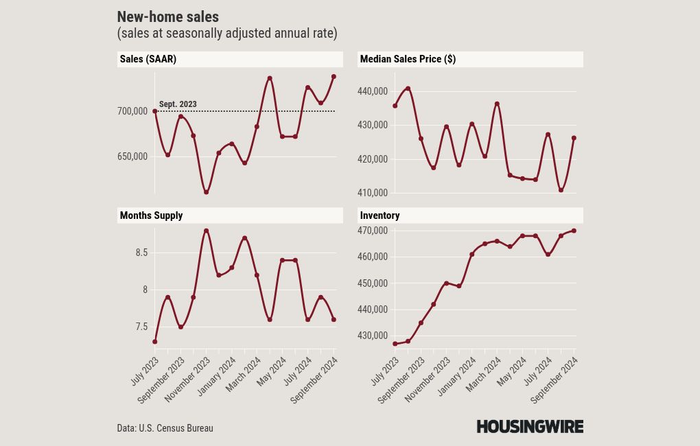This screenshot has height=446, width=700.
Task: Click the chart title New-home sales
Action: coord(168,17)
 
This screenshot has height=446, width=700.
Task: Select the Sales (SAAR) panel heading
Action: coord(148,59)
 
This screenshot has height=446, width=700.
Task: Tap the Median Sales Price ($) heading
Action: coord(408,59)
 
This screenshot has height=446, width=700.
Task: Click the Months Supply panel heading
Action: coord(151,215)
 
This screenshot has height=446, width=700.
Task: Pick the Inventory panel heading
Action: coord(380,215)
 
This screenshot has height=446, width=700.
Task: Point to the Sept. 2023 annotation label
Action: coord(178,104)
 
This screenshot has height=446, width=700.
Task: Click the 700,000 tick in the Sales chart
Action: coord(132,111)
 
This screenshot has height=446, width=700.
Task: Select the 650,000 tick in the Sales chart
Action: coord(132,156)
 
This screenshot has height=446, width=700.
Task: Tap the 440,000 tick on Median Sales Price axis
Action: coord(373,91)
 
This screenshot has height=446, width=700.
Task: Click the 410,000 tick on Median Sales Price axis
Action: coord(373,193)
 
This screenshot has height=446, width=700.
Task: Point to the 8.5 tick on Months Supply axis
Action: coord(141,253)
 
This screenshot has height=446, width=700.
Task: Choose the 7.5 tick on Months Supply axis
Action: coord(141,327)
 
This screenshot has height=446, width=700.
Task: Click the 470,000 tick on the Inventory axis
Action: coord(373,231)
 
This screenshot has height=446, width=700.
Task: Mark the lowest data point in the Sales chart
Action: coord(206,192)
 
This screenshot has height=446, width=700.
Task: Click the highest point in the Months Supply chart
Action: coord(206,231)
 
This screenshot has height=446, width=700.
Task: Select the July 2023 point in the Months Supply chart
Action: coord(155,342)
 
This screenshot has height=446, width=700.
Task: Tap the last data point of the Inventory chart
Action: coord(574,231)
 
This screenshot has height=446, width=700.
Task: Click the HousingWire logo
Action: coord(530,427)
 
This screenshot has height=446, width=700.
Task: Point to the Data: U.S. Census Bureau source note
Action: coord(165,428)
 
